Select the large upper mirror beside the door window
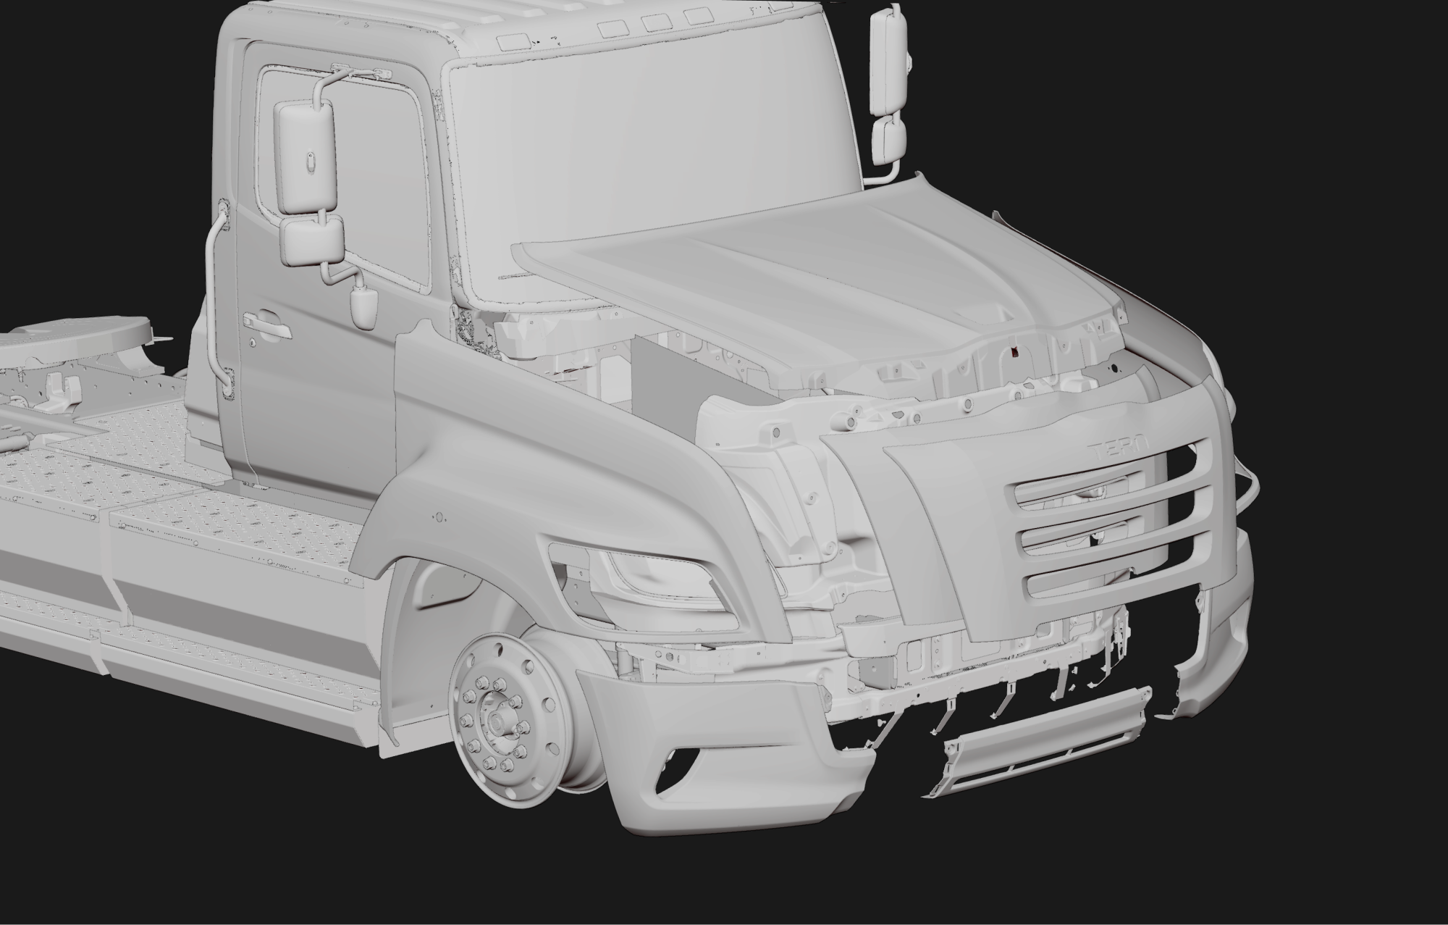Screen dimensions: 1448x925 304,157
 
